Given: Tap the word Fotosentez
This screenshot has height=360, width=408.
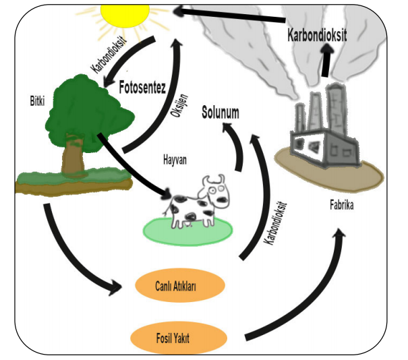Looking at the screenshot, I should coord(142,88).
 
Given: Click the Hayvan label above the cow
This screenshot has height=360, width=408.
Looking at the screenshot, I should coord(175,160).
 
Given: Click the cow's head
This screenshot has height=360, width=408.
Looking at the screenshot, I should coord(216,189).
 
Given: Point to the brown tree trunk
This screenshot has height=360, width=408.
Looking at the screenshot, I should coord(71,156).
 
